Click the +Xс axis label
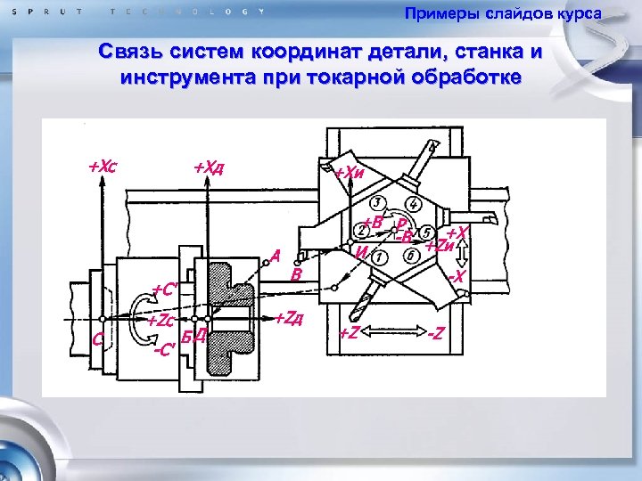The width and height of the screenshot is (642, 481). [103, 166]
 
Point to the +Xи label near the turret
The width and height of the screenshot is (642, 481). [348, 172]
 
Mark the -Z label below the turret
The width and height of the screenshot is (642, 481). [436, 334]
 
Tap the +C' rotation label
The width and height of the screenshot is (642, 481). [166, 289]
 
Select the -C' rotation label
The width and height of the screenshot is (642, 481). [164, 349]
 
